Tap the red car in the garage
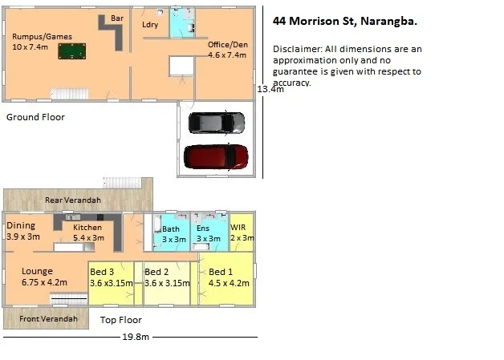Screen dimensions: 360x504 (x=215, y=156)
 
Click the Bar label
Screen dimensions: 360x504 (x=117, y=17)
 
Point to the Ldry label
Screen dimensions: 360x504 (x=149, y=25)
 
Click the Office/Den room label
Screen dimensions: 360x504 (x=227, y=44)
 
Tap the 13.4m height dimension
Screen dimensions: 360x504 (x=270, y=90)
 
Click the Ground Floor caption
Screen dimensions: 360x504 (x=35, y=117)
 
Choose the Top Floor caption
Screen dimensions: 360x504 (x=121, y=320)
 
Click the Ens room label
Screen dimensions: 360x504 (x=203, y=229)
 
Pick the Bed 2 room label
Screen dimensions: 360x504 (x=156, y=273)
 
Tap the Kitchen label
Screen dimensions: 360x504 (x=88, y=228)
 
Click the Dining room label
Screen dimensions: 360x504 (x=20, y=226)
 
